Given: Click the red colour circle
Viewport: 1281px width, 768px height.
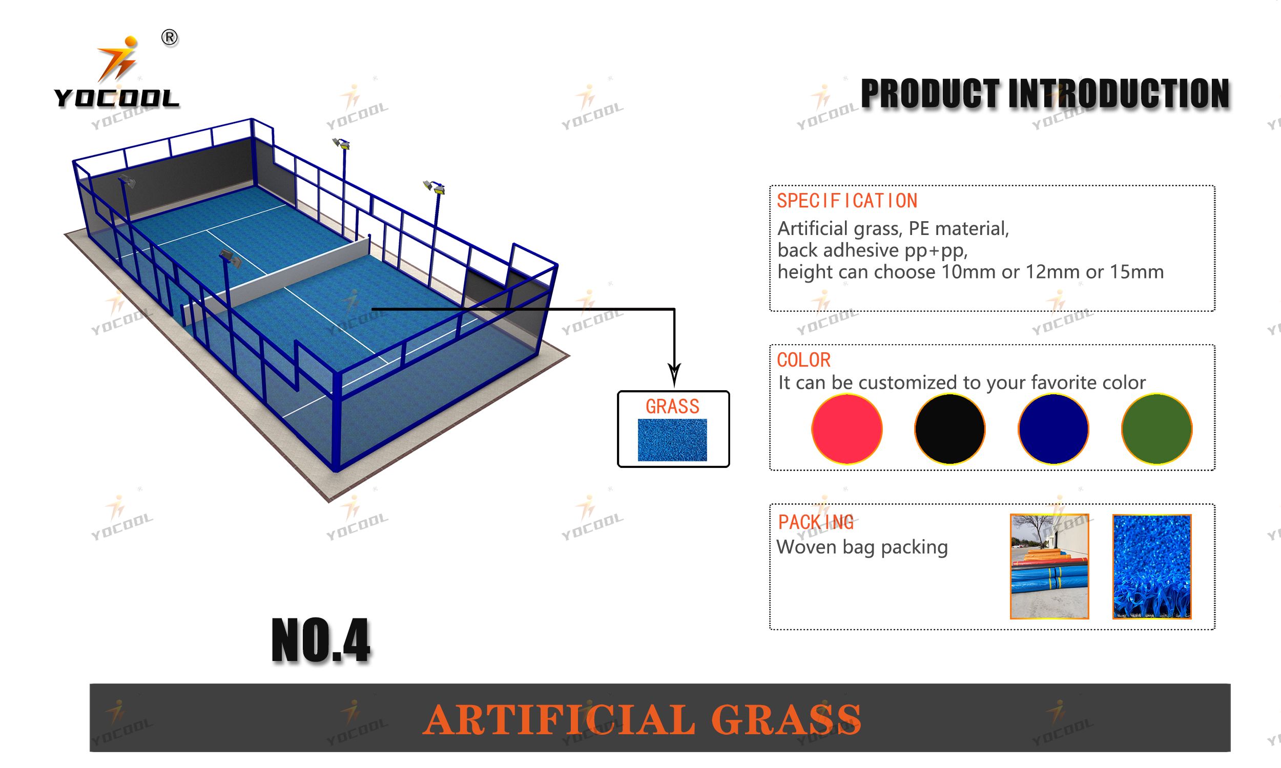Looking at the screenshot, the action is (x=846, y=429).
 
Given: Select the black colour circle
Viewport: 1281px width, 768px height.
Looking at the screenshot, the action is (x=949, y=429).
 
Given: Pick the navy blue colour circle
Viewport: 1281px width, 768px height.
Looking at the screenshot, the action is (x=1053, y=429).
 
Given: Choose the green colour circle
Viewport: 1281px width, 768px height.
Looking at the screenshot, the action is (x=1156, y=429).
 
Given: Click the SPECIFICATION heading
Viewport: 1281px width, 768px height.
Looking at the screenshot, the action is (x=847, y=201).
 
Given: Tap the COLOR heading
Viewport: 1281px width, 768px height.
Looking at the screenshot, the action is (x=803, y=359).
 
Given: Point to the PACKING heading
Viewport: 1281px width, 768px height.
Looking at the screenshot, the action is (x=816, y=522).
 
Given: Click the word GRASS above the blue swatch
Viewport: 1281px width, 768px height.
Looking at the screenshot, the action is (x=672, y=406).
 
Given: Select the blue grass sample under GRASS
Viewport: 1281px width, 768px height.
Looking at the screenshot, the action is (x=672, y=440).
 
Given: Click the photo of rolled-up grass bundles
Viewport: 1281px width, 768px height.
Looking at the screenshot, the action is (x=1049, y=566).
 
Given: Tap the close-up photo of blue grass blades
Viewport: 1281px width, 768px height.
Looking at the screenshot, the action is (x=1152, y=566).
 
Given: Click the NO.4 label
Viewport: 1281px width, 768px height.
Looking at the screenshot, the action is (x=321, y=640).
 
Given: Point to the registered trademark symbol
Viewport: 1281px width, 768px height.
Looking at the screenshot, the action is (x=170, y=38).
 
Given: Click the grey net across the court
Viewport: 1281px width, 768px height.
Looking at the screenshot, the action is (x=277, y=279).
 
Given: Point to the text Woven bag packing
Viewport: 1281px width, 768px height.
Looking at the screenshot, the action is (x=862, y=547).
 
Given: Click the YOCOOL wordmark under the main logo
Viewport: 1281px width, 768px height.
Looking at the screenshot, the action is (x=116, y=98).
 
